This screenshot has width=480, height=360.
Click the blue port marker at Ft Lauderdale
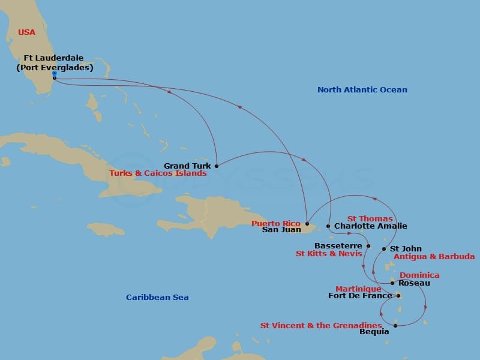[x=54, y=73]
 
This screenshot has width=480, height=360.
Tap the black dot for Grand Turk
[x=216, y=166]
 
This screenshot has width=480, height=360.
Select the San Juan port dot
[x=307, y=223]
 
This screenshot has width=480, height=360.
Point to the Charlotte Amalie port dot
[x=328, y=226]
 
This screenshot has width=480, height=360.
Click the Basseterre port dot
[x=368, y=246]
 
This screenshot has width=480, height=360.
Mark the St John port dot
[x=384, y=248]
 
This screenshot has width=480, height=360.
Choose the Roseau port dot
[x=392, y=283]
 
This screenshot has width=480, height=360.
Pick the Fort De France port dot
[x=398, y=295]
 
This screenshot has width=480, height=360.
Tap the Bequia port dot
[x=395, y=326]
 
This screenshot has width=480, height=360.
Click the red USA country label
[x=26, y=32]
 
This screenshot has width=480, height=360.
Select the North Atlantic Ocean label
[x=362, y=90]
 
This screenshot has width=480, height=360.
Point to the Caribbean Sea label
[x=157, y=298]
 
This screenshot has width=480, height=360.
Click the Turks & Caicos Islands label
[x=158, y=173]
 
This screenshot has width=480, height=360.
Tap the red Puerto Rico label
[x=275, y=223]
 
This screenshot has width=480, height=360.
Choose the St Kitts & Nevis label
[x=329, y=254]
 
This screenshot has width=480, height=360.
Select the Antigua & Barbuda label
[x=434, y=257]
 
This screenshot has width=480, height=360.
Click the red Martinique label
[x=358, y=289]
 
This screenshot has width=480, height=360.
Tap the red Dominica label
[x=419, y=275]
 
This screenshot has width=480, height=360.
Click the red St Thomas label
[x=370, y=219]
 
